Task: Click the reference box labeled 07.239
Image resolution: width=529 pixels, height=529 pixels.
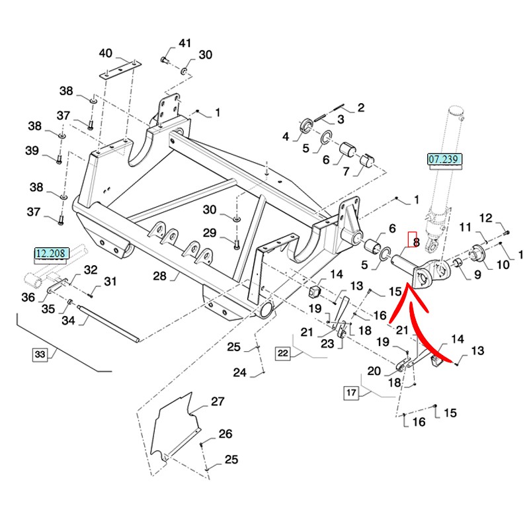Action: click(x=444, y=159)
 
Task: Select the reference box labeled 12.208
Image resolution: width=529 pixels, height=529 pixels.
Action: click(x=52, y=253)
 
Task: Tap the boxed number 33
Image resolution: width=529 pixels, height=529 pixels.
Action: click(x=40, y=355)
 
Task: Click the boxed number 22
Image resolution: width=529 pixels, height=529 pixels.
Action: click(x=283, y=354)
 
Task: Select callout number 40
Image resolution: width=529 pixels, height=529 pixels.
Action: click(x=106, y=53)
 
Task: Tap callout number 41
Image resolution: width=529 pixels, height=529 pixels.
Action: click(x=184, y=44)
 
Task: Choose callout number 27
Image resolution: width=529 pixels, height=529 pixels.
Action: click(x=218, y=401)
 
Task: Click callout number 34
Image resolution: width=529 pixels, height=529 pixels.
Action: click(x=69, y=321)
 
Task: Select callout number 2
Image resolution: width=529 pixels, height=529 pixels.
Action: click(x=361, y=107)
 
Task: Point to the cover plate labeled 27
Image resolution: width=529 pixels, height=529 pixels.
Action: click(x=173, y=427)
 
